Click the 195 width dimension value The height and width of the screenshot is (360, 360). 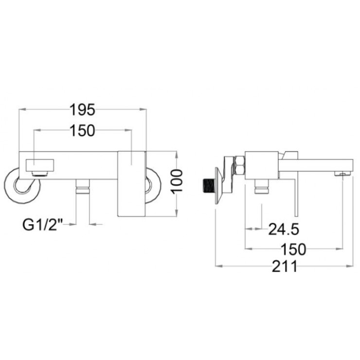pos(82,109)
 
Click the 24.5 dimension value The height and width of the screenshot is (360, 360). pos(284,228)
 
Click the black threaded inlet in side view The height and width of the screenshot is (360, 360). pos(208,185)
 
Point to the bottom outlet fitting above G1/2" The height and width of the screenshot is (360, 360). pos(83,187)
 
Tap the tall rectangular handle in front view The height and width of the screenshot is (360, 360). pos(132,183)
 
